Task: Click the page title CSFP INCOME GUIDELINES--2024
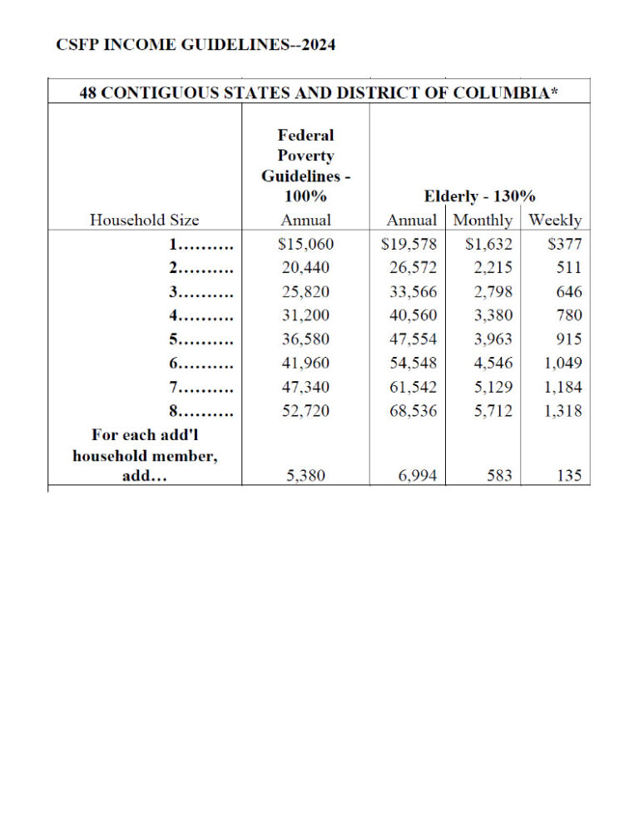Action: (x=196, y=45)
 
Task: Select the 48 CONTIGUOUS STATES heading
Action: (x=319, y=91)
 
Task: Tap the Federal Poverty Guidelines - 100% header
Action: (x=305, y=166)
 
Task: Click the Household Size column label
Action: (x=144, y=220)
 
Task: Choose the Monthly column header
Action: (x=483, y=220)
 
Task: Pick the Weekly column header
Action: (x=555, y=220)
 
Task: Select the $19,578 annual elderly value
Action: (x=409, y=245)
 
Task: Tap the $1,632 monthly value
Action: (x=488, y=245)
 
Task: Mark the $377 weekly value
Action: (x=565, y=245)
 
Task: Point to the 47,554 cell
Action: (x=412, y=339)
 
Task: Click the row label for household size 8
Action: (x=200, y=411)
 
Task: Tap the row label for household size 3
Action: (x=200, y=292)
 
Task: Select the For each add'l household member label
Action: (x=146, y=455)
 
